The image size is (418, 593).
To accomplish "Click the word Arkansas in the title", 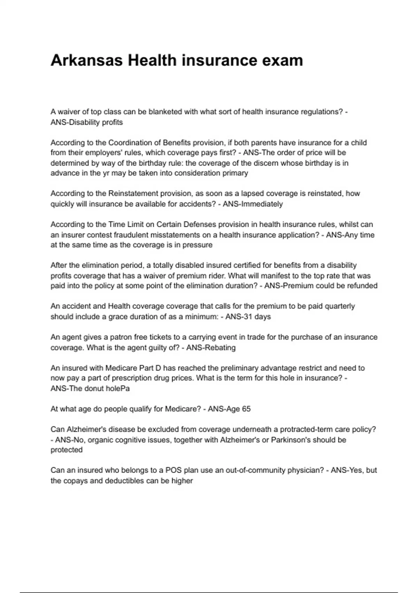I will click(87, 60).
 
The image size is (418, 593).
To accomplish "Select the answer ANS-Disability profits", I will click(87, 122).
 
